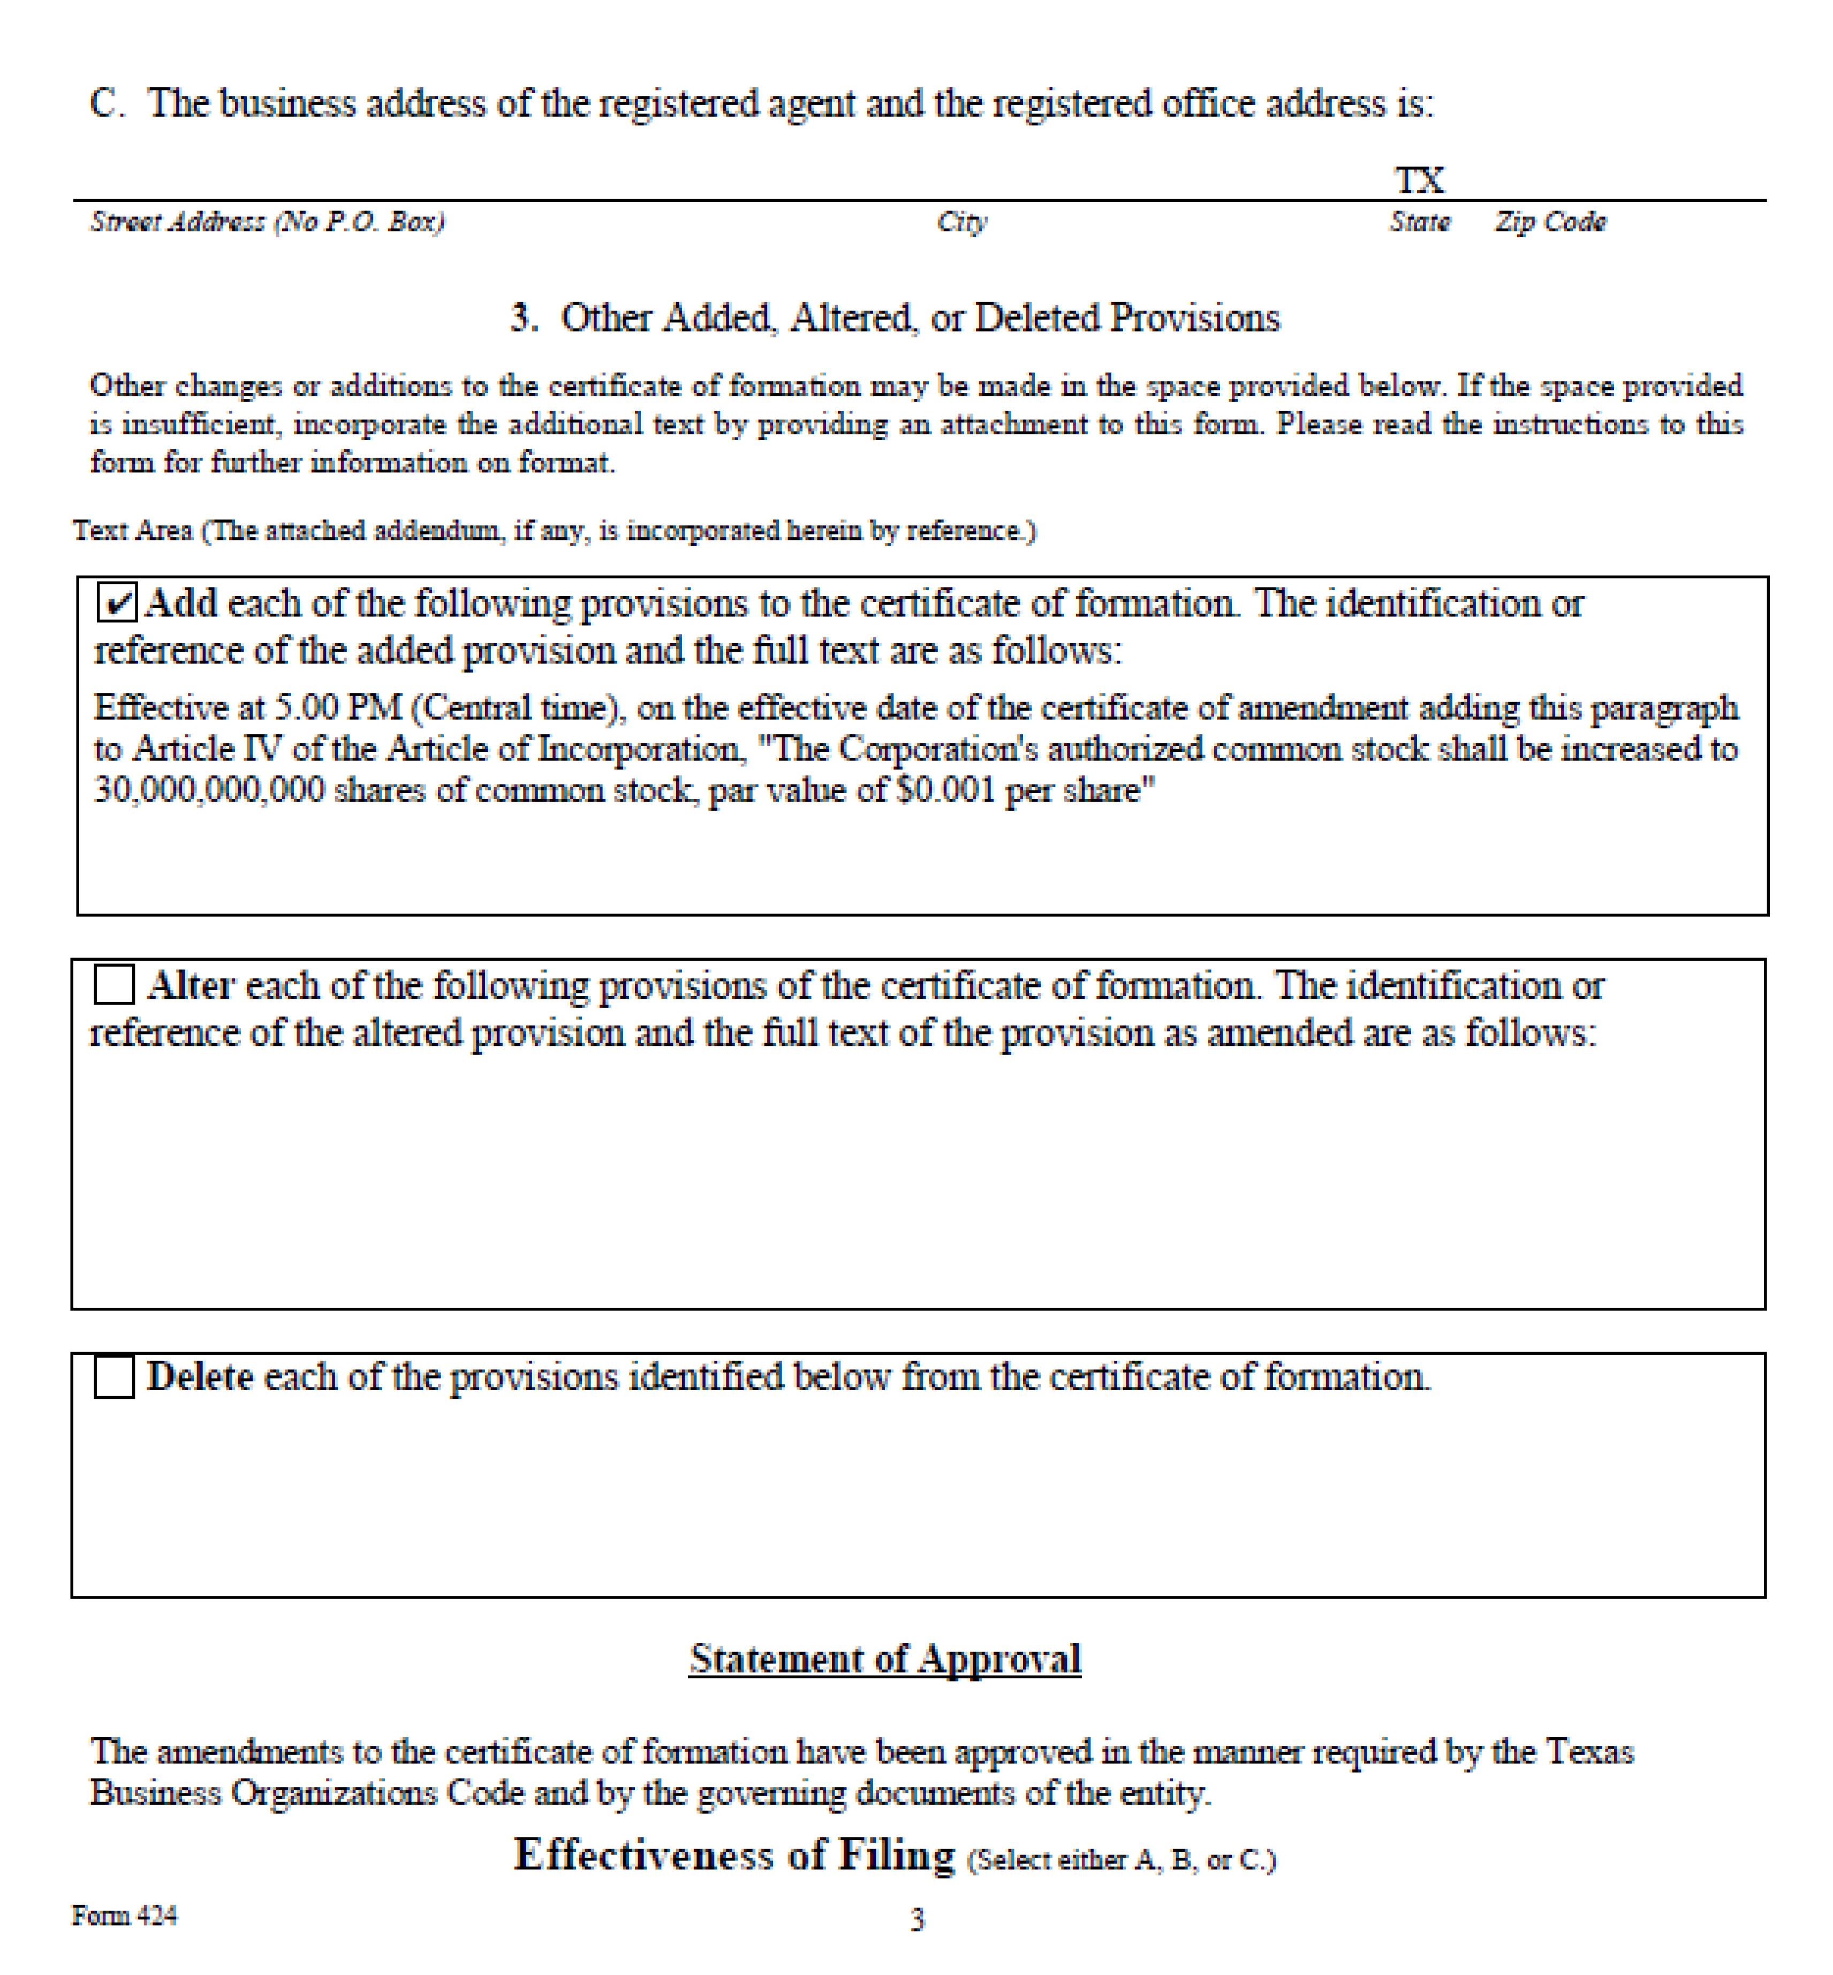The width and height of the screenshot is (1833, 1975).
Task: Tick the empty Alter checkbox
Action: click(114, 985)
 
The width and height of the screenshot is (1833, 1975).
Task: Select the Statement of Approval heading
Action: click(885, 1659)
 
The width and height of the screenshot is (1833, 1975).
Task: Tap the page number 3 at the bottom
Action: click(918, 1920)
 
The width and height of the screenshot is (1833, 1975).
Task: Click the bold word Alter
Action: click(191, 985)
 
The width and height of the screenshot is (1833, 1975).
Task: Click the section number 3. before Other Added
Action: click(525, 318)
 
